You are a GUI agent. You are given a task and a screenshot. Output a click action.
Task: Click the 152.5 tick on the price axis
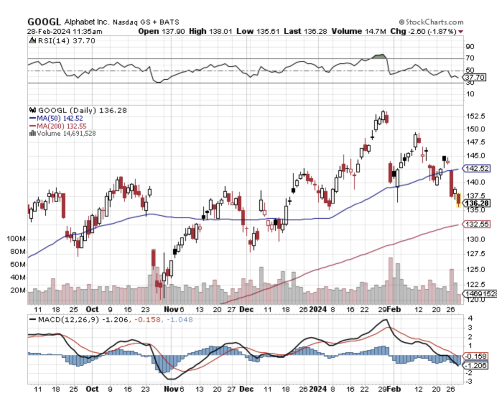(473, 116)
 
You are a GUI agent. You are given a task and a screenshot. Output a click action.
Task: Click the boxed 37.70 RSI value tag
(475, 78)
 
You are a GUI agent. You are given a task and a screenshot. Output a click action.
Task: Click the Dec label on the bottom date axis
(247, 389)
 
